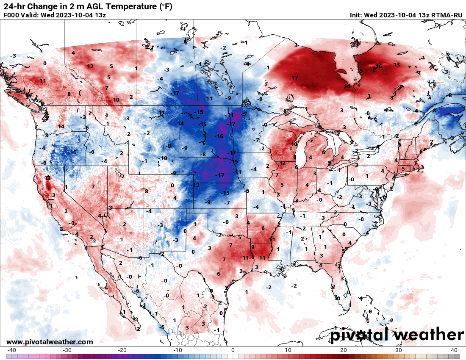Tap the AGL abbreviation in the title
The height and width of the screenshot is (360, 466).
[90, 6]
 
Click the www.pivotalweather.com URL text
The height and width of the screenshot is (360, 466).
[50, 342]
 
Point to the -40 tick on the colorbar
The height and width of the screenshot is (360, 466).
[11, 350]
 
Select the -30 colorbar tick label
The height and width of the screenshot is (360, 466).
[67, 350]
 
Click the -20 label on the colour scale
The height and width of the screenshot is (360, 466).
[122, 350]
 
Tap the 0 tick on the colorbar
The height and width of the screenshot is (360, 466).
[233, 350]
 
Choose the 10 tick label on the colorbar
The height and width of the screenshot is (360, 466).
[288, 350]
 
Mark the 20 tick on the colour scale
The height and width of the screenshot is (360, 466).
[344, 350]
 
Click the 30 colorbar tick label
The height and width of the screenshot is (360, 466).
[399, 350]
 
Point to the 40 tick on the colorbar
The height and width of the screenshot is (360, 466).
[454, 350]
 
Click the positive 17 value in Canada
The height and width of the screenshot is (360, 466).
[295, 78]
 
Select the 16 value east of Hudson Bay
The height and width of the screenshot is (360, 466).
[379, 66]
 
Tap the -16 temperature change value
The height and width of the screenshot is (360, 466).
[219, 136]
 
